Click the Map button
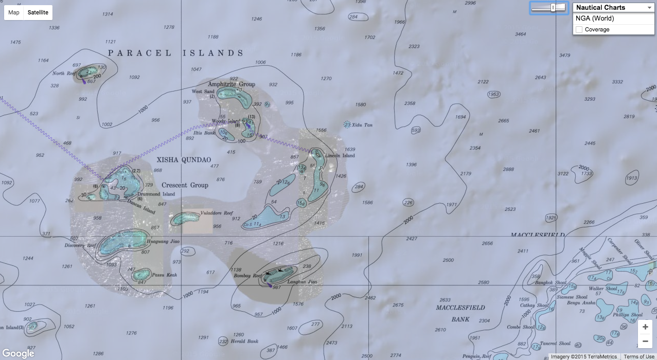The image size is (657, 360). [x=14, y=12]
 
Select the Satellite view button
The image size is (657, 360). [x=38, y=12]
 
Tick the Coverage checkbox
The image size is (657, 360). [x=579, y=30]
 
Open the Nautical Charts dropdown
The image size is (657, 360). [x=613, y=8]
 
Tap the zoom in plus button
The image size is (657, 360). [x=645, y=327]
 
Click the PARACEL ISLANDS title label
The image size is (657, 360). [x=176, y=53]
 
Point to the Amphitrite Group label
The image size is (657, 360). [x=232, y=84]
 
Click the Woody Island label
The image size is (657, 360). [x=226, y=121]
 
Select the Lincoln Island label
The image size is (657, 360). [x=340, y=155]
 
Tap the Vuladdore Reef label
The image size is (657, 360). [x=217, y=213]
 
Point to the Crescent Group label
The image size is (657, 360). [x=185, y=185]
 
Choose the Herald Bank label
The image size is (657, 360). [x=244, y=341]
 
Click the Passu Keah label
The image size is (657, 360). [x=165, y=275]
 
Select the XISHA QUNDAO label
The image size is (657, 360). [x=184, y=160]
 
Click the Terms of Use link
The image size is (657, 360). [x=638, y=356]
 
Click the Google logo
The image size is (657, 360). [x=18, y=353]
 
